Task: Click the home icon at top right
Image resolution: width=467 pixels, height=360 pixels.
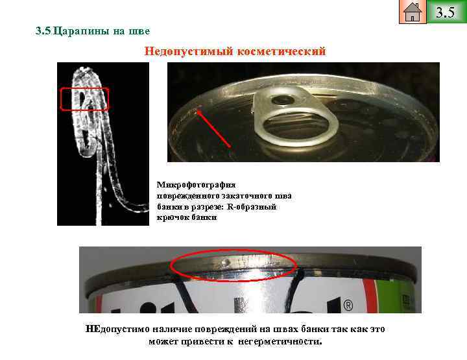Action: coord(413,12)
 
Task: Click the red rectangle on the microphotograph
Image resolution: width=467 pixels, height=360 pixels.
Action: coord(84,99)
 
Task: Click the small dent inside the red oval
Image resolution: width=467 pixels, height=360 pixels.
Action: coord(224,261)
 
